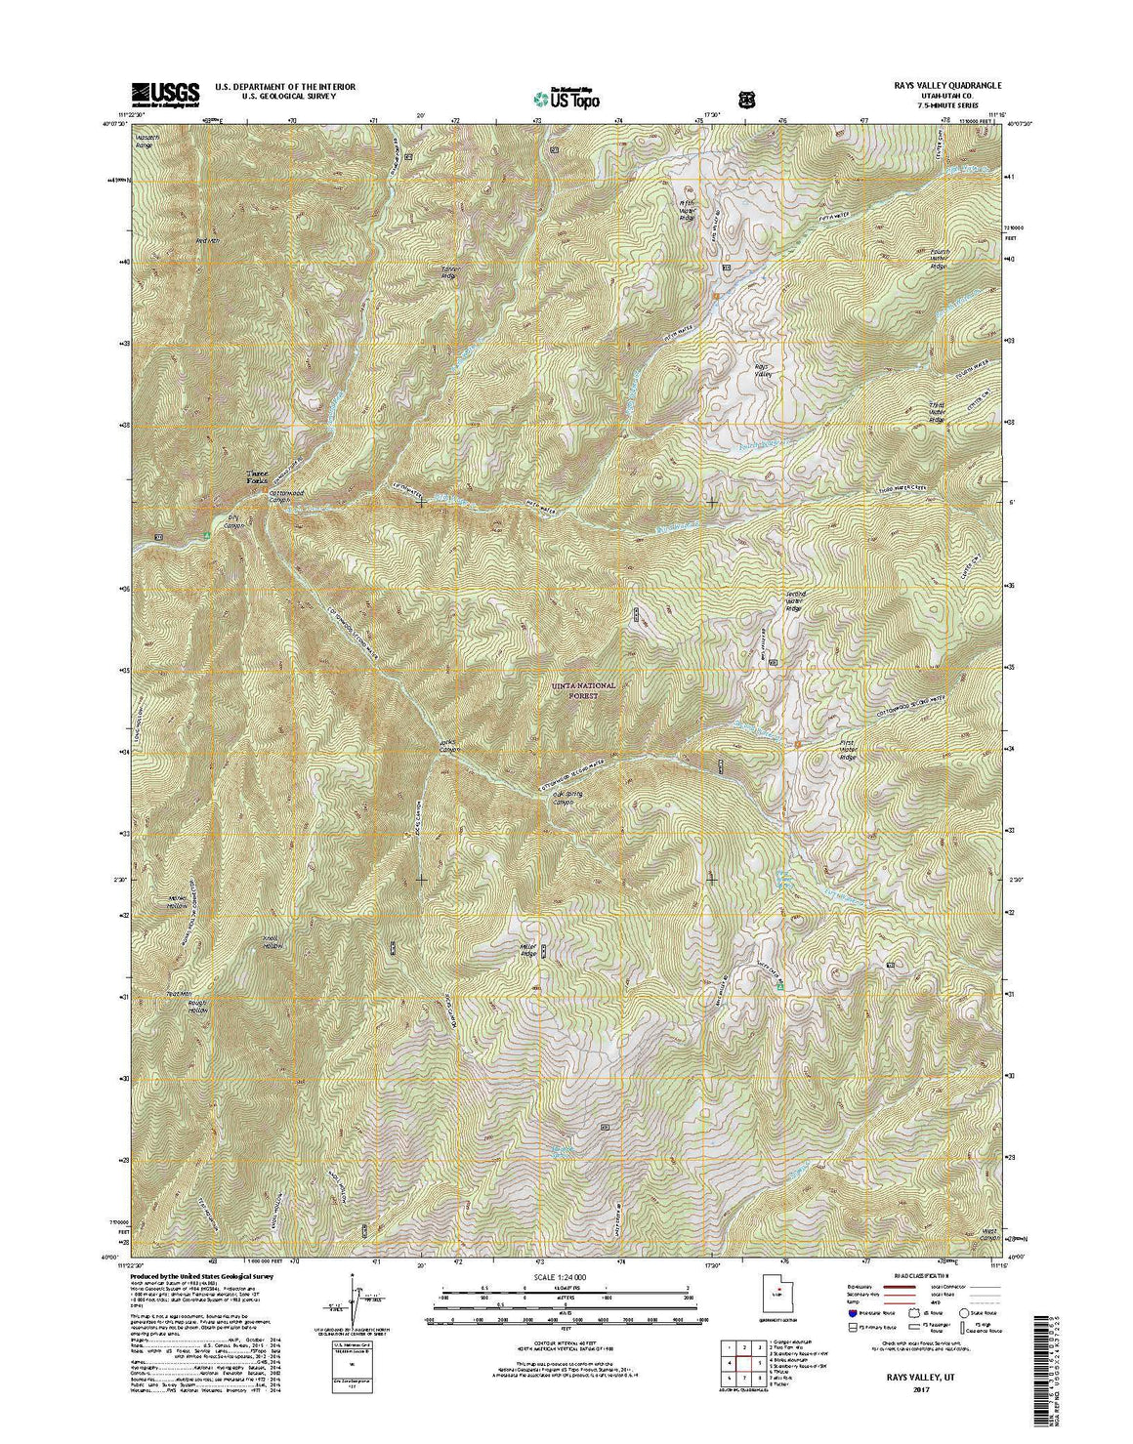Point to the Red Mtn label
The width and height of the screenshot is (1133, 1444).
209,240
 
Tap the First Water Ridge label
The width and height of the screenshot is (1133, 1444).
847,750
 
